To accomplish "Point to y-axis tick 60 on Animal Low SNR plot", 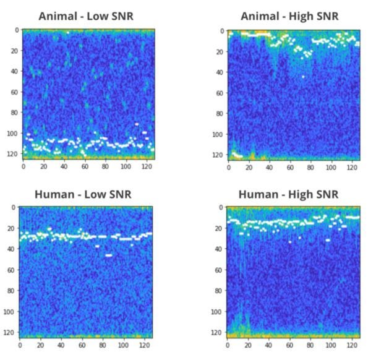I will tap(13, 93).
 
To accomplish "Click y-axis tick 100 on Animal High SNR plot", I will tap(216, 134).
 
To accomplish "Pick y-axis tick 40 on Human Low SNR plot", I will tap(13, 249).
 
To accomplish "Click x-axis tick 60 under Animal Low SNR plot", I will tap(85, 166).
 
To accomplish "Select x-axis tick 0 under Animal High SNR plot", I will tap(228, 166).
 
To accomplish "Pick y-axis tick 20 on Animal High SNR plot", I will tap(218, 51).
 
